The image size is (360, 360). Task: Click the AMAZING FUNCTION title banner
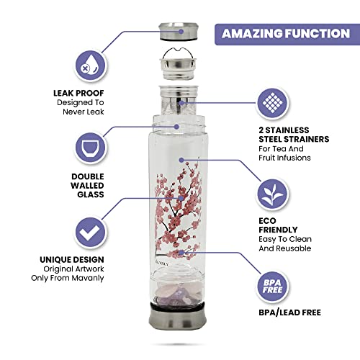point(287,33)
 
